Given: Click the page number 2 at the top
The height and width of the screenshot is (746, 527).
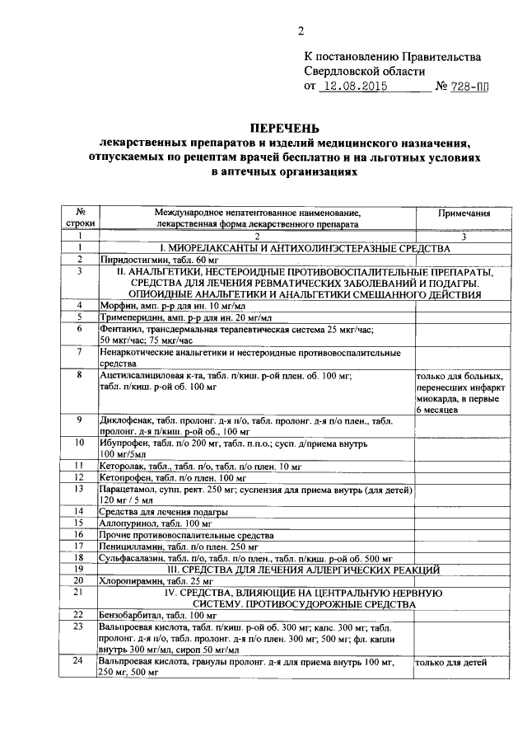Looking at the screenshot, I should pyautogui.click(x=301, y=32).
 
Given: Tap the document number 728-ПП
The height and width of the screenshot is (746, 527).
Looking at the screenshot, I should pyautogui.click(x=464, y=87).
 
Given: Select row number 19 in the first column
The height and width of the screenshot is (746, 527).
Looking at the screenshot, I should pyautogui.click(x=79, y=569).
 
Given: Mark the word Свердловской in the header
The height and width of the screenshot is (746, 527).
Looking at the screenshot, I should pyautogui.click(x=339, y=71).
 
